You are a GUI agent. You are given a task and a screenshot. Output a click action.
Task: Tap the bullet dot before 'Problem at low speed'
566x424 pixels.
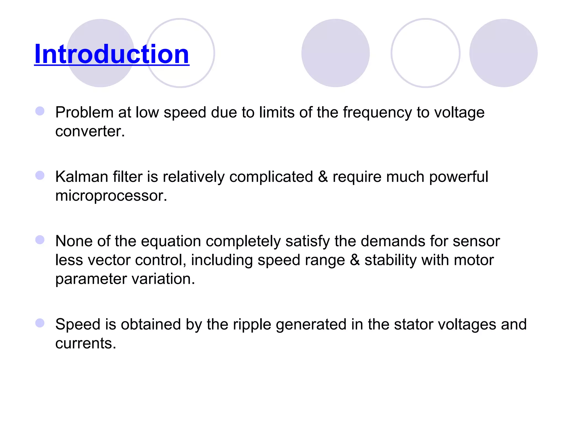[x=40, y=111]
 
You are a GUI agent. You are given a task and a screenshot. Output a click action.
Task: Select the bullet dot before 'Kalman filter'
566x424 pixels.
[x=40, y=175]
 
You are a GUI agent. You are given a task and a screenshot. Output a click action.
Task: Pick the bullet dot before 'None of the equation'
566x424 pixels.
[x=40, y=240]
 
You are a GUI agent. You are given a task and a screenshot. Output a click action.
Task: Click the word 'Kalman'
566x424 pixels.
[x=82, y=177]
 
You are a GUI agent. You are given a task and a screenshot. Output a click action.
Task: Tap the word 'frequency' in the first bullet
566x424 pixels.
[x=377, y=113]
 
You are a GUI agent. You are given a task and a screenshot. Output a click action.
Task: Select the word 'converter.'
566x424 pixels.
[x=90, y=131]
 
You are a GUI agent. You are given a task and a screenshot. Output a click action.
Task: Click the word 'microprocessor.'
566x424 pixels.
[x=111, y=196]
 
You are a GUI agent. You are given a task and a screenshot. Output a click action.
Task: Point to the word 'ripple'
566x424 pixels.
[x=252, y=324]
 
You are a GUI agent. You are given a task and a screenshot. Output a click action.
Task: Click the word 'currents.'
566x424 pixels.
[x=86, y=343]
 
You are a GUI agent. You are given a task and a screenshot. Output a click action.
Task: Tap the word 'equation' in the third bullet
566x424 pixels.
[x=171, y=241]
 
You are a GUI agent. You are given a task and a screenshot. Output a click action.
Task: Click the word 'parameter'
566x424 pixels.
[x=91, y=279]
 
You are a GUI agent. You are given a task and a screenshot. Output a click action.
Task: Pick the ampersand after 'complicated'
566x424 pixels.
[x=323, y=177]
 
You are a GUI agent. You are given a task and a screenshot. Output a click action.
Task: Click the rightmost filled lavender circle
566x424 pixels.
[x=503, y=53]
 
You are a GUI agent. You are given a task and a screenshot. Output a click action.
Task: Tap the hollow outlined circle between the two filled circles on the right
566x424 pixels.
[x=425, y=53]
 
